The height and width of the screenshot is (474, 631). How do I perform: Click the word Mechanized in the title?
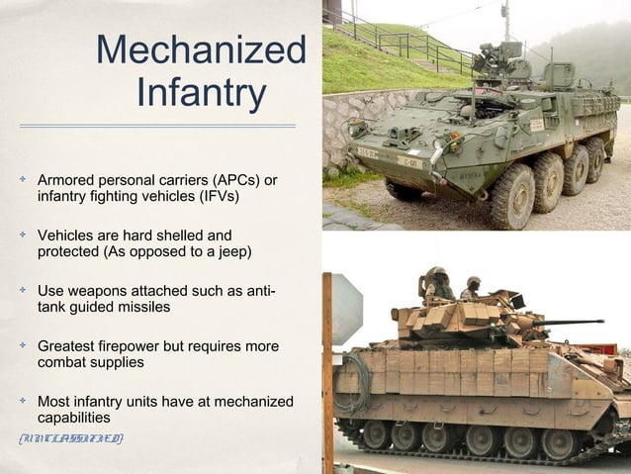201,50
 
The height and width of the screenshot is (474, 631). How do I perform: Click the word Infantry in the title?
201,94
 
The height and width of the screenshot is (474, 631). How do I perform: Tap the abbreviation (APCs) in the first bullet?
216,180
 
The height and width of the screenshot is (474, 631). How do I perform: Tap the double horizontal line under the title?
157,126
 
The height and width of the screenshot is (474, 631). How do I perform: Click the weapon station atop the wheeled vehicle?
499,64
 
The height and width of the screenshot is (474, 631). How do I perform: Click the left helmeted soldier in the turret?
436,284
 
